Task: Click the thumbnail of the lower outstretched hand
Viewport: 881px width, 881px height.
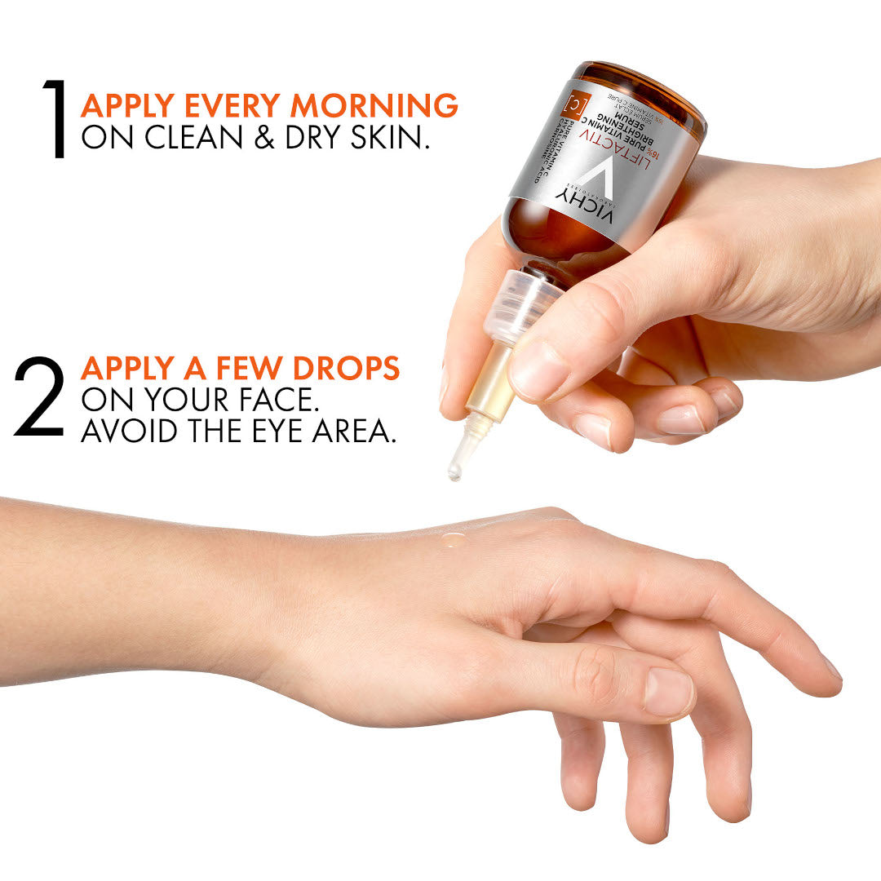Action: [667, 692]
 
